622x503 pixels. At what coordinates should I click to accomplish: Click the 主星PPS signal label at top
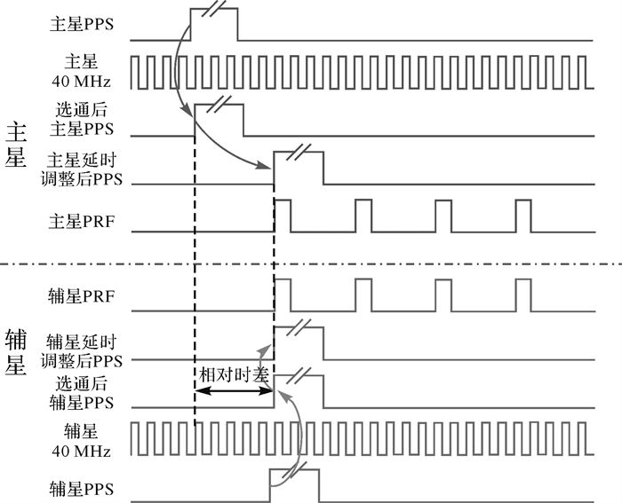click(82, 23)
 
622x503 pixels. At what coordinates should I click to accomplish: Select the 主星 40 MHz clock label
click(82, 72)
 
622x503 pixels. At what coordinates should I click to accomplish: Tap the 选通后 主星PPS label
click(82, 120)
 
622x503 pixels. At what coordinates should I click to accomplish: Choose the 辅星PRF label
click(83, 295)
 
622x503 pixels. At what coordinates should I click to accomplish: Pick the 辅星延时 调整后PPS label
click(83, 351)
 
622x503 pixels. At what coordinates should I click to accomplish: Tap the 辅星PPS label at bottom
click(83, 488)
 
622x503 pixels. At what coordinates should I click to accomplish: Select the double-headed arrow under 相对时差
click(234, 390)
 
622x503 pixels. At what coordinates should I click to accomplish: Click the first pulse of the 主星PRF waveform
click(282, 216)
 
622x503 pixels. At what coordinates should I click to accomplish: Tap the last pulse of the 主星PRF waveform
click(522, 216)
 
